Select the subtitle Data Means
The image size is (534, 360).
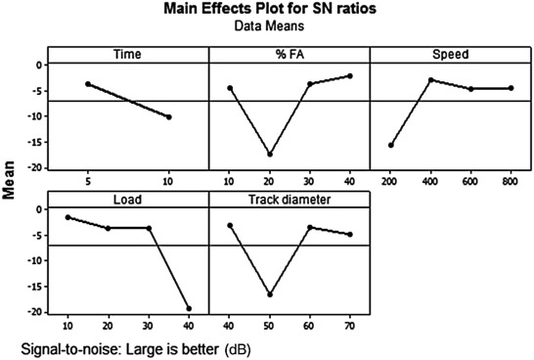pos(293,29)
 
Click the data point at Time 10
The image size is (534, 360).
pos(168,117)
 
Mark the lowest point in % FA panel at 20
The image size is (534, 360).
pos(270,155)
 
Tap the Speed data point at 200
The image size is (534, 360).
pos(391,145)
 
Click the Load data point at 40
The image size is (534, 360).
pos(189,308)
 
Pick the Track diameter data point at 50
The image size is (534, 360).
pos(270,294)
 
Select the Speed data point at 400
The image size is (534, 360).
pos(430,80)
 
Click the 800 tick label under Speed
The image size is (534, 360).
pos(510,182)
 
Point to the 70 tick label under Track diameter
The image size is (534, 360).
pos(349,326)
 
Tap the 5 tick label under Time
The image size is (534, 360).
pos(88,182)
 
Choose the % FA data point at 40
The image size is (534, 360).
pos(349,76)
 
